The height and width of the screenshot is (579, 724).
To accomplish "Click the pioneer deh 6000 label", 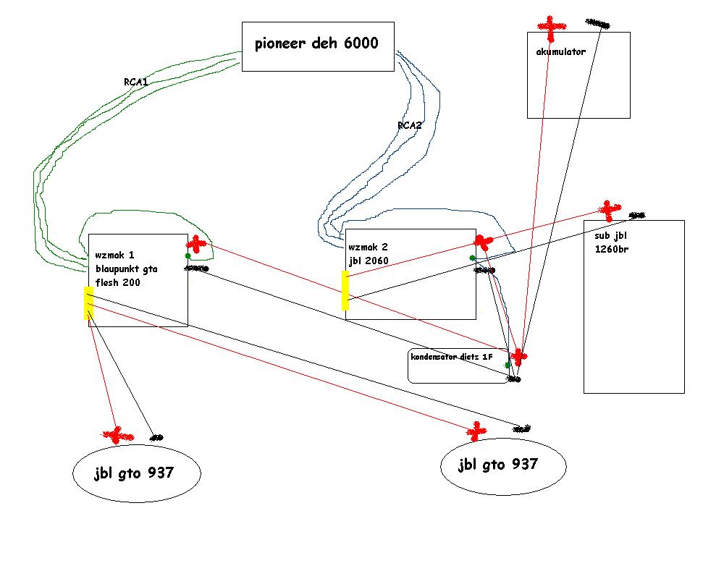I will point(316,43).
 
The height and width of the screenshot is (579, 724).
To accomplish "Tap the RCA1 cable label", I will point(136,83).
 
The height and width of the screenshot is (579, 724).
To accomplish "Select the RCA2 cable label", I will point(409,125).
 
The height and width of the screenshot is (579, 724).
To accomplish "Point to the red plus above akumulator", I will point(551,28).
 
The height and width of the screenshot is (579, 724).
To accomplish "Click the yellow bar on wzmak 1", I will point(88,303).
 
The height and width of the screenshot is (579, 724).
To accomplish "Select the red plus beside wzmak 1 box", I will point(196,243).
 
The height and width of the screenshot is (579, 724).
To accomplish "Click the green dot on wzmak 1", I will point(188,255).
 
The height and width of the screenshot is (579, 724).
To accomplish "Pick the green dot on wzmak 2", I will point(472,258).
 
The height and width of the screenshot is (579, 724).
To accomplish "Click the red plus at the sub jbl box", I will point(610,210).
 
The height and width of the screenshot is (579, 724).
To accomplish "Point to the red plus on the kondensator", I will point(518,356).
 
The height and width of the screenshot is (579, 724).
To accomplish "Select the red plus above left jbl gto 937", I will point(117,435).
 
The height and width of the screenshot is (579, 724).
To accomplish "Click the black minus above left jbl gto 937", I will point(156,437).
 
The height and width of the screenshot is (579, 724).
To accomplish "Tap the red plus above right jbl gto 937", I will point(476,431).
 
